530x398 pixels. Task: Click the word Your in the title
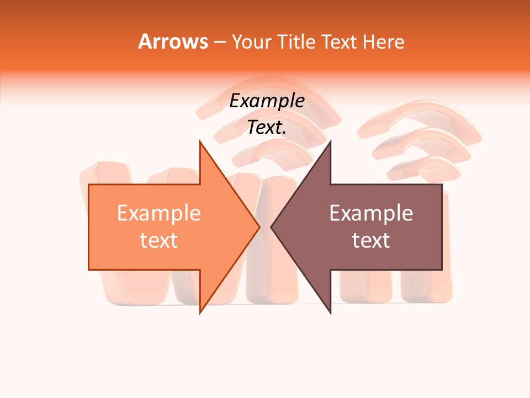click(252, 41)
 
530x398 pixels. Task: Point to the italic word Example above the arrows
click(267, 101)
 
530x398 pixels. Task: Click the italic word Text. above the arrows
click(267, 128)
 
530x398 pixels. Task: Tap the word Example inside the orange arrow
click(159, 213)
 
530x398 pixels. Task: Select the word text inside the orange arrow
click(159, 240)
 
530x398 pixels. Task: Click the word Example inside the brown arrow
click(371, 213)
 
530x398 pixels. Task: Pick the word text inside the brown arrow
click(371, 240)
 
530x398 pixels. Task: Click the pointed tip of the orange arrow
click(260, 227)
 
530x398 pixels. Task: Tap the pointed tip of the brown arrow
click(271, 227)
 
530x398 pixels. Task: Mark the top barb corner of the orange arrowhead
click(200, 141)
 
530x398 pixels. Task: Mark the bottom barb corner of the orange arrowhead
click(200, 313)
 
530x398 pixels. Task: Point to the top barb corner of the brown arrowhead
click(330, 141)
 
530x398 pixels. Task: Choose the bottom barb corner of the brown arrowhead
click(330, 313)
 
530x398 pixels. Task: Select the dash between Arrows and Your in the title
click(219, 42)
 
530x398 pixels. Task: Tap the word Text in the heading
click(340, 41)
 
